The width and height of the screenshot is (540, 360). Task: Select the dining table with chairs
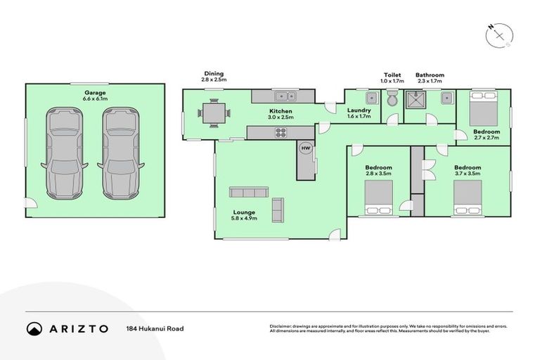pyautogui.click(x=212, y=112)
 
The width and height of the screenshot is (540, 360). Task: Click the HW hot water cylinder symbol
pyautogui.click(x=306, y=148)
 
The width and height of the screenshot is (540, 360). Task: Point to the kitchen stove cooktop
pyautogui.click(x=281, y=131)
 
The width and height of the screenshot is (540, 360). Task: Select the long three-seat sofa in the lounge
pyautogui.click(x=248, y=192)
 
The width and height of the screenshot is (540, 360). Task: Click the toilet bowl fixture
pyautogui.click(x=393, y=100)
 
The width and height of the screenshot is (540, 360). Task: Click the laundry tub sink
pyautogui.click(x=370, y=98)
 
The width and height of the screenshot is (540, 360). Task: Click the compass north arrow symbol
pyautogui.click(x=499, y=34)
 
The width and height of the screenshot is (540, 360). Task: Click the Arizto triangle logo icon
pyautogui.click(x=34, y=328)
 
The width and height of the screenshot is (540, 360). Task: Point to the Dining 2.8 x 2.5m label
pyautogui.click(x=214, y=77)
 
